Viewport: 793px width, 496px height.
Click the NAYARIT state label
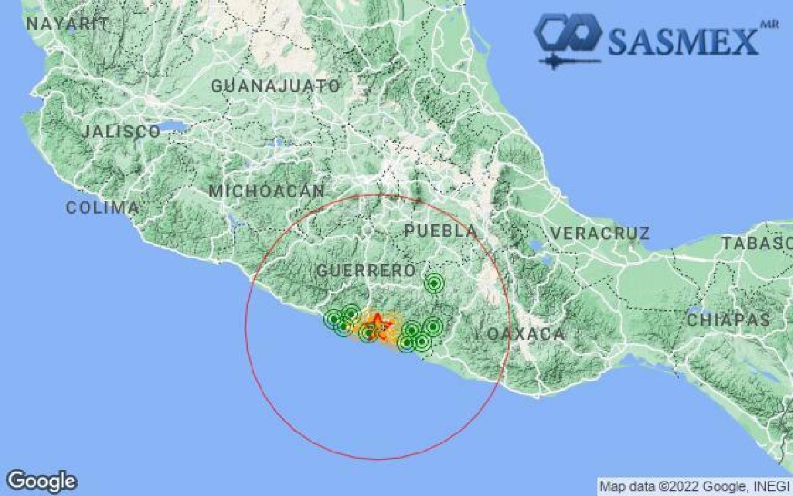pyautogui.click(x=67, y=24)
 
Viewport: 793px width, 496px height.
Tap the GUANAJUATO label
pyautogui.click(x=276, y=86)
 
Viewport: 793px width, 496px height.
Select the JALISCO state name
pyautogui.click(x=121, y=131)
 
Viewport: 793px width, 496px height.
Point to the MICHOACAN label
pyautogui.click(x=266, y=191)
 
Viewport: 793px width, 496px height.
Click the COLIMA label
pyautogui.click(x=102, y=208)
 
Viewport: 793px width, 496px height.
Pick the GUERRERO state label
pyautogui.click(x=365, y=270)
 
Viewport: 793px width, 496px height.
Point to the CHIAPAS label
pyautogui.click(x=729, y=320)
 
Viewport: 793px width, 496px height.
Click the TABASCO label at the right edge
pyautogui.click(x=756, y=243)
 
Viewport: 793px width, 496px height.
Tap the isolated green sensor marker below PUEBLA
pyautogui.click(x=434, y=284)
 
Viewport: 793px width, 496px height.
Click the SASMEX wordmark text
pyautogui.click(x=683, y=41)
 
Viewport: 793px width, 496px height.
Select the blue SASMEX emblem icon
pyautogui.click(x=568, y=38)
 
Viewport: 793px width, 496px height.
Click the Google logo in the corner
pyautogui.click(x=42, y=481)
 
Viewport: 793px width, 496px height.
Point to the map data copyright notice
pyautogui.click(x=694, y=487)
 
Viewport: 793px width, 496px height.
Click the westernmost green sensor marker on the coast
pyautogui.click(x=333, y=320)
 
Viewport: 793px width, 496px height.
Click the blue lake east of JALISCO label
pyautogui.click(x=175, y=126)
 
